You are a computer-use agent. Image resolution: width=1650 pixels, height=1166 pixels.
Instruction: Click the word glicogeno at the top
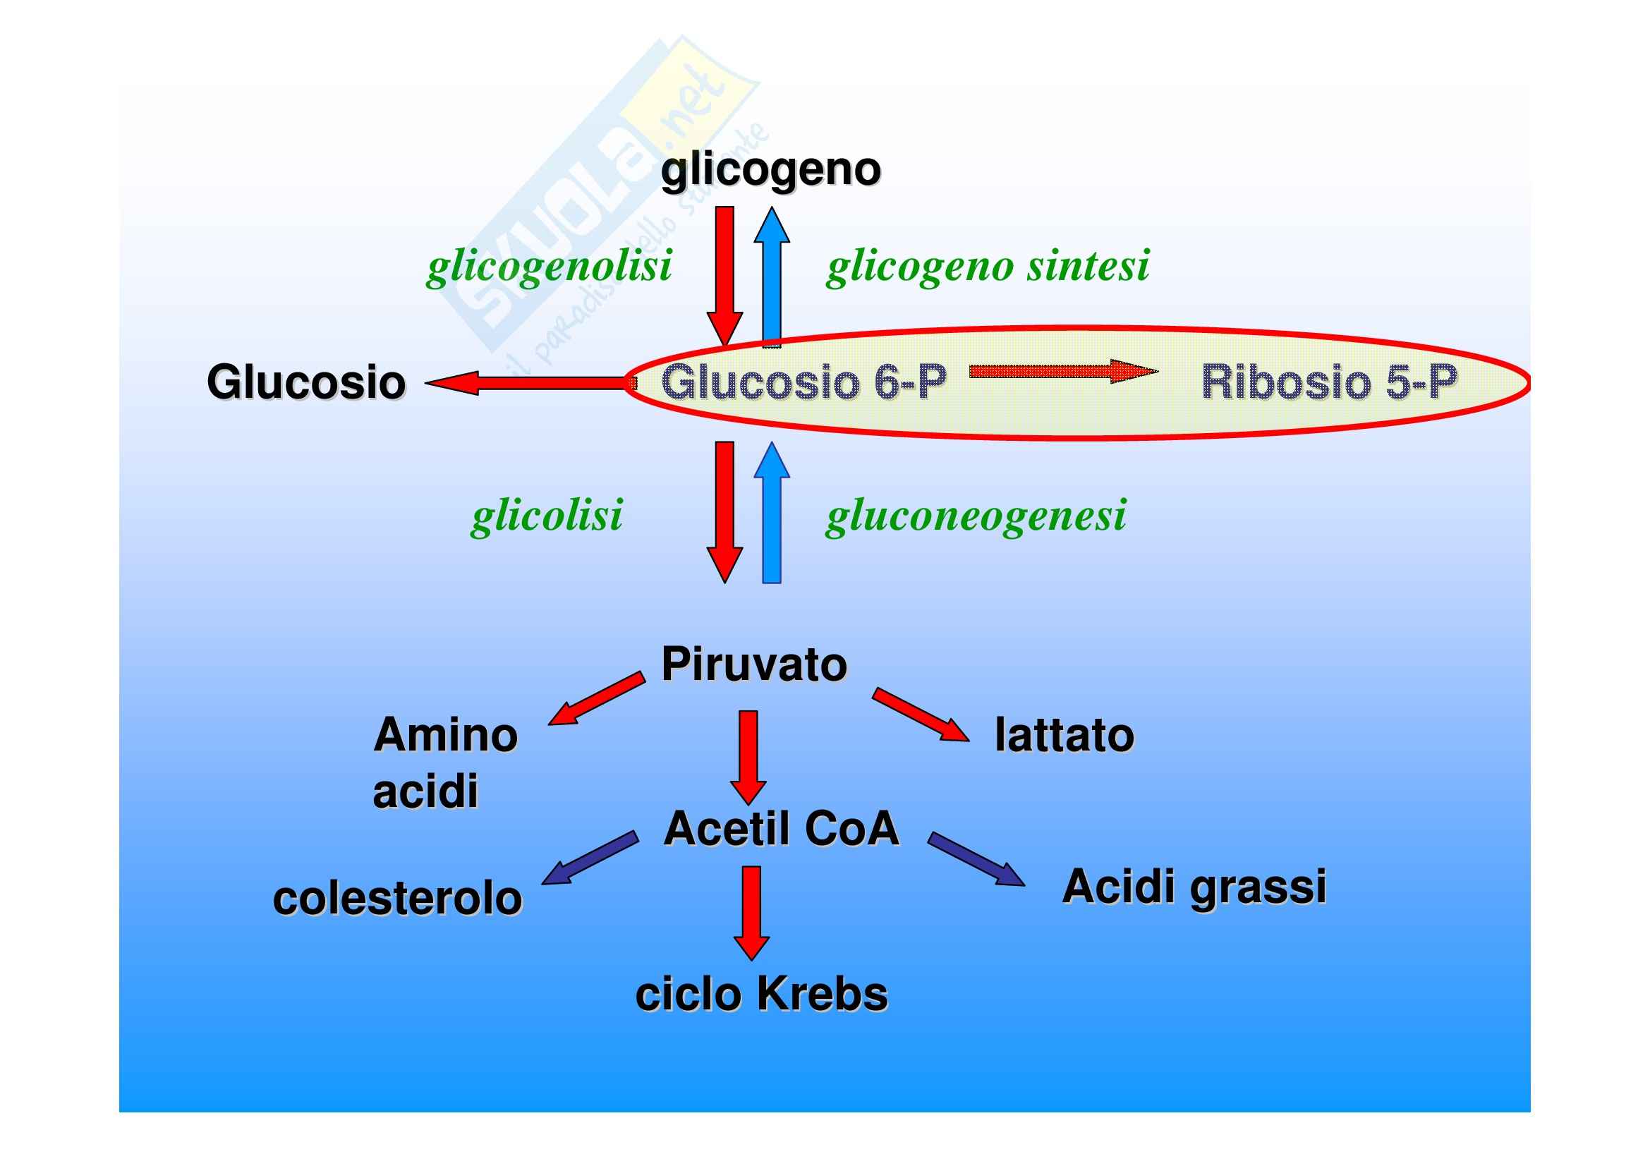click(x=770, y=170)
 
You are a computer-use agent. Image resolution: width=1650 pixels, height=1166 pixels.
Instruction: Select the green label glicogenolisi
click(x=550, y=266)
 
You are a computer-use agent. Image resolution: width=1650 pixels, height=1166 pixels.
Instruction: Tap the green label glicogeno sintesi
click(x=988, y=266)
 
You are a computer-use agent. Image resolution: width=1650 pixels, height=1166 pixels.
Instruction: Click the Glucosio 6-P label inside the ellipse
click(x=803, y=382)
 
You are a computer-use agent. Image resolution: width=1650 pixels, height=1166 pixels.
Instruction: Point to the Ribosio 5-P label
click(x=1329, y=382)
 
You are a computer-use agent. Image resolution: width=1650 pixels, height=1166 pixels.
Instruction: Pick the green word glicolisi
click(x=547, y=515)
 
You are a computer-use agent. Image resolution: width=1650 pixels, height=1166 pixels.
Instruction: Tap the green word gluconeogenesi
click(x=976, y=515)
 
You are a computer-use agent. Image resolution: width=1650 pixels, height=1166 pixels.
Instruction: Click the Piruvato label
click(x=754, y=664)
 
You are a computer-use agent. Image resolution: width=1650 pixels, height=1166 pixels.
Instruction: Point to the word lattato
click(x=1064, y=736)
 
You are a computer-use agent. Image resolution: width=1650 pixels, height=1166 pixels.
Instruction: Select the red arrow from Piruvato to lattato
click(x=921, y=715)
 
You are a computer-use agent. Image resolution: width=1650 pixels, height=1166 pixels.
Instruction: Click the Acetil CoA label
click(x=781, y=828)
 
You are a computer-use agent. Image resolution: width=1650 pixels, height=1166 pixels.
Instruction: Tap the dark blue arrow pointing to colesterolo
click(x=590, y=858)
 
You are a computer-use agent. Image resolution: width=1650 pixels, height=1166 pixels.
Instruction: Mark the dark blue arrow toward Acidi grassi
click(x=975, y=859)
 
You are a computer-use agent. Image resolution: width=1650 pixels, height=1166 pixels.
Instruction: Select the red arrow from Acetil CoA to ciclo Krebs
click(x=752, y=912)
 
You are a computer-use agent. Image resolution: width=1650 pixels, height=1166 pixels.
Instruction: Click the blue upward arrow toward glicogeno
click(x=772, y=277)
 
